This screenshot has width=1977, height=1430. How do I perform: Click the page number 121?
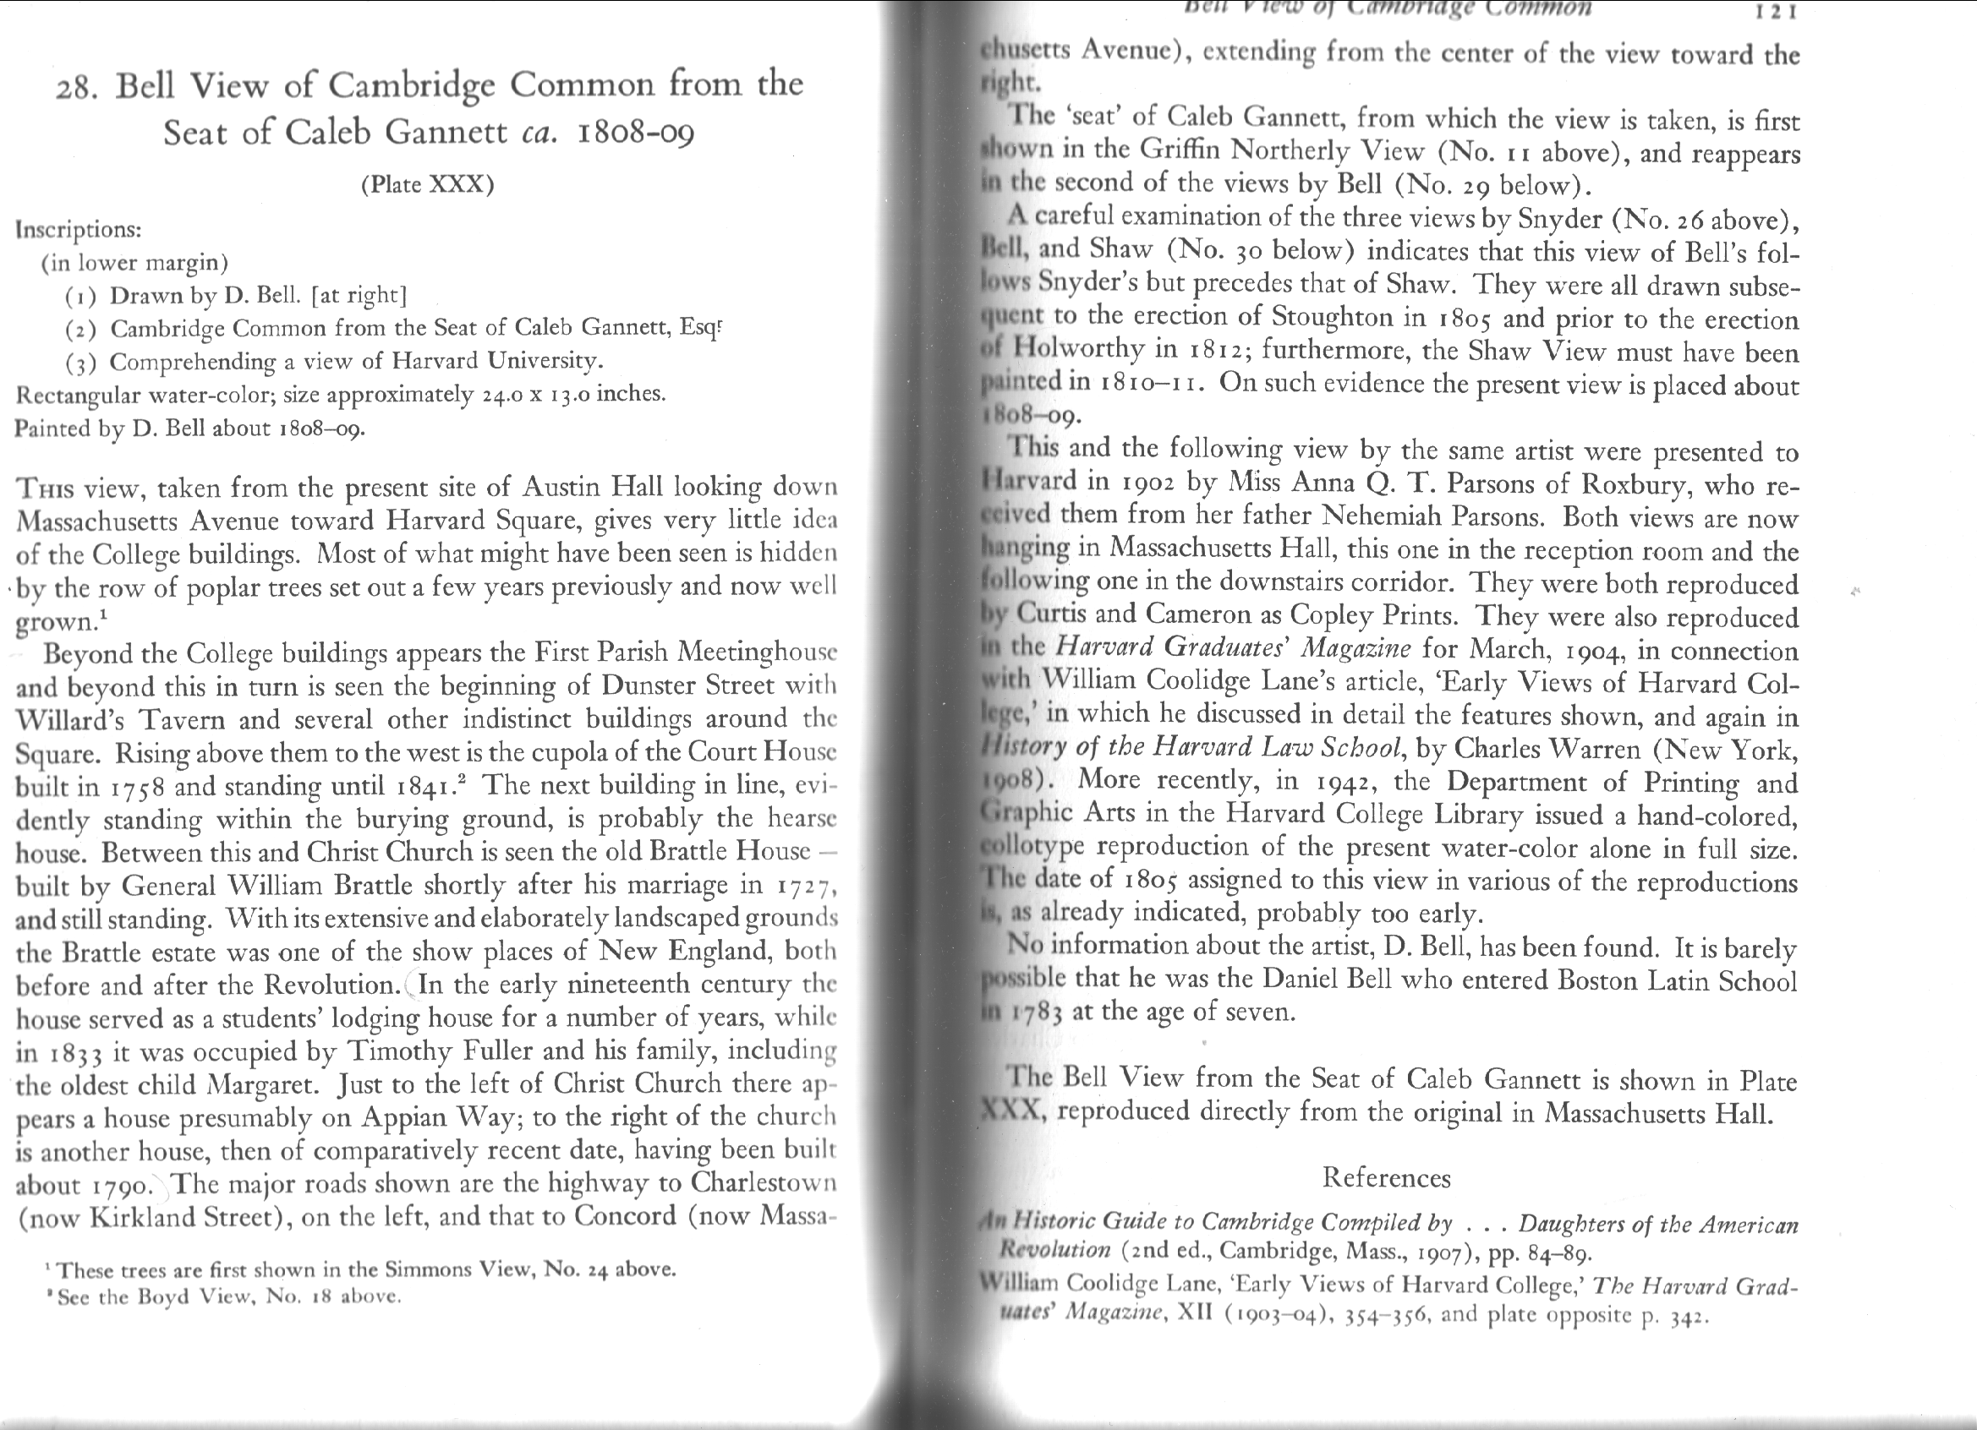tap(1778, 13)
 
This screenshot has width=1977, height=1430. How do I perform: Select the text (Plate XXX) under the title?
tap(427, 185)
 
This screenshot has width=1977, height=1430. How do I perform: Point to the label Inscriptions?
tap(79, 230)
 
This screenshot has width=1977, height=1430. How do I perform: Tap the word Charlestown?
tap(764, 1184)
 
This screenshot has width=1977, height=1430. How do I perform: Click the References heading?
tap(1386, 1178)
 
